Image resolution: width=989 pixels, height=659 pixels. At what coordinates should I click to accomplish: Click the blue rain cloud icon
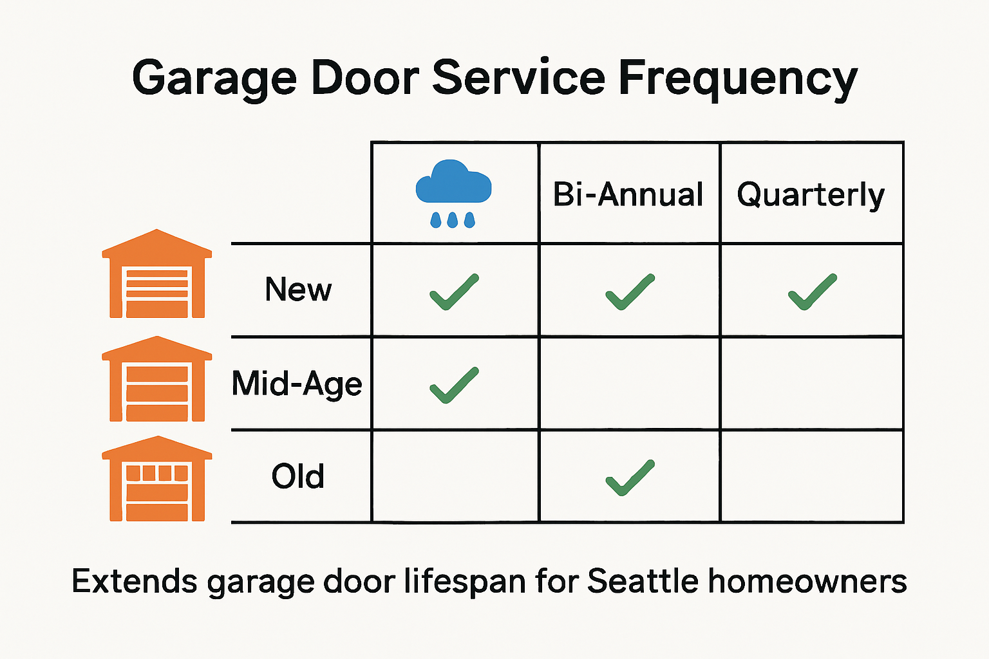(453, 192)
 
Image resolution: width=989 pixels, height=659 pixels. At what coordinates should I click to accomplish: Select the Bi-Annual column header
(628, 194)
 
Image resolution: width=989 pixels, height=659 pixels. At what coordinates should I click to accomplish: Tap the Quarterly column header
(811, 194)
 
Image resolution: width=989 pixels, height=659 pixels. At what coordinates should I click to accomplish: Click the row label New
(298, 290)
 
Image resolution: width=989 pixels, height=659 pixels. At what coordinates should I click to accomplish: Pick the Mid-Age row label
(297, 384)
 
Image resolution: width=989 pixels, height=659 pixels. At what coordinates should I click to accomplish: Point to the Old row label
(297, 476)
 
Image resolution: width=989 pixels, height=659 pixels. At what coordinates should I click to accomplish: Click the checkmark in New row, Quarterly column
(813, 292)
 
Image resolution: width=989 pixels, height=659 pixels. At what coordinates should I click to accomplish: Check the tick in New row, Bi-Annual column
(630, 292)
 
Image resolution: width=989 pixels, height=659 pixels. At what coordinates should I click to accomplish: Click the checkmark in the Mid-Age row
(454, 385)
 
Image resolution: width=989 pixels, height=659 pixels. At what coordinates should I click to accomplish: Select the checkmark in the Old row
(630, 478)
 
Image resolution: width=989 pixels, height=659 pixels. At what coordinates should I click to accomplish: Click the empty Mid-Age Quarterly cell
(811, 384)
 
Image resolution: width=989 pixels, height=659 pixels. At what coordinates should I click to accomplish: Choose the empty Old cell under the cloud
(455, 476)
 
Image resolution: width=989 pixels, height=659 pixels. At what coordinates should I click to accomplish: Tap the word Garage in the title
(214, 79)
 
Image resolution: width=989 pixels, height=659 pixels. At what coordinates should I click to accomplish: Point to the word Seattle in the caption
(643, 580)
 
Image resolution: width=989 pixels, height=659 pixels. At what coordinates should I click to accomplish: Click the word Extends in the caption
(135, 580)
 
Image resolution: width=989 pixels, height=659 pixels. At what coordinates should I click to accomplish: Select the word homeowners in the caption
(807, 580)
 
